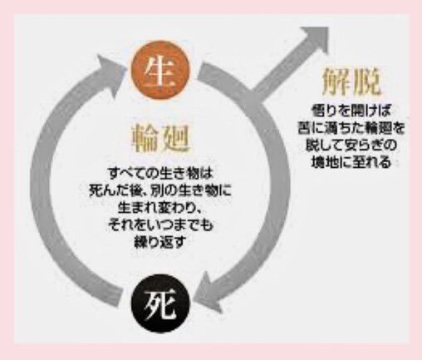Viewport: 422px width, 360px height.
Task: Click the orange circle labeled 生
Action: coord(160,70)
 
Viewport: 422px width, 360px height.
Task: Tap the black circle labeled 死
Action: coord(160,304)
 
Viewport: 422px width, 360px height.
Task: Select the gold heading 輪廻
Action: coord(159,139)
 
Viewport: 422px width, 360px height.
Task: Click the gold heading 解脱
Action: coord(351,81)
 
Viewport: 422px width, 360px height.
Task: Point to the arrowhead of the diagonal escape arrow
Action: coord(313,40)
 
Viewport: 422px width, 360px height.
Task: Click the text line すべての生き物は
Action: coord(160,174)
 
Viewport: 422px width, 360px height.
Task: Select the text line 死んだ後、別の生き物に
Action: coord(160,191)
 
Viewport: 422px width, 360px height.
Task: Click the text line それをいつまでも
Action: coord(160,225)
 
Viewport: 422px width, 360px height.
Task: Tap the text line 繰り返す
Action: coord(159,242)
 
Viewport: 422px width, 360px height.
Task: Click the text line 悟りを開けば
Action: coord(351,111)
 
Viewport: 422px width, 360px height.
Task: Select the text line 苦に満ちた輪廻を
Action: coord(351,128)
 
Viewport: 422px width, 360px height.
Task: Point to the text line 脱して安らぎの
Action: coord(351,145)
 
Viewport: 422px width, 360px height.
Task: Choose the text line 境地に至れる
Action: coord(351,162)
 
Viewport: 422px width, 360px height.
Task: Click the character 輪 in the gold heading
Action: coord(145,139)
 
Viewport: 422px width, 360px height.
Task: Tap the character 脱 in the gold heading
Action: coord(367,81)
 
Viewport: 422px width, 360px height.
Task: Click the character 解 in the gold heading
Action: coord(336,81)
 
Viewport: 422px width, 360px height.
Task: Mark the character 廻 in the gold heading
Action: coord(175,139)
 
